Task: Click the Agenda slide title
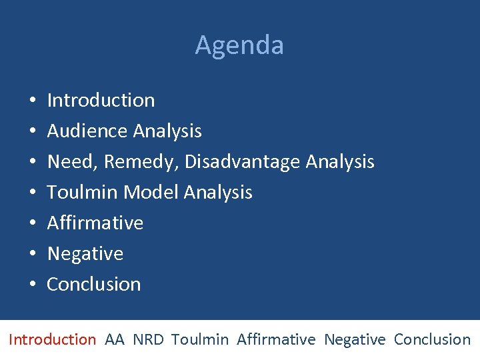[x=239, y=45]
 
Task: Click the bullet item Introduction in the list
[x=101, y=101]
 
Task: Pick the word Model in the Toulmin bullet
[x=151, y=193]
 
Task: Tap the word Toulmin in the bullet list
[x=83, y=193]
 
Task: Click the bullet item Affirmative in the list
[x=95, y=223]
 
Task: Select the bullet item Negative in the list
[x=85, y=254]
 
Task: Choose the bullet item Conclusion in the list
[x=93, y=284]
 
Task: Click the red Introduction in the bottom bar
[x=52, y=339]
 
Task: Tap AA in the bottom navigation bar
[x=115, y=339]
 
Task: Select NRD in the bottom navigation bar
[x=148, y=339]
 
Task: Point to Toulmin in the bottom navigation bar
[x=199, y=339]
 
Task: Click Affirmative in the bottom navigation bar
[x=275, y=339]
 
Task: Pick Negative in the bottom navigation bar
[x=355, y=339]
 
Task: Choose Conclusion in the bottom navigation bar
[x=432, y=339]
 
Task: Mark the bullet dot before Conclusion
[x=33, y=285]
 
